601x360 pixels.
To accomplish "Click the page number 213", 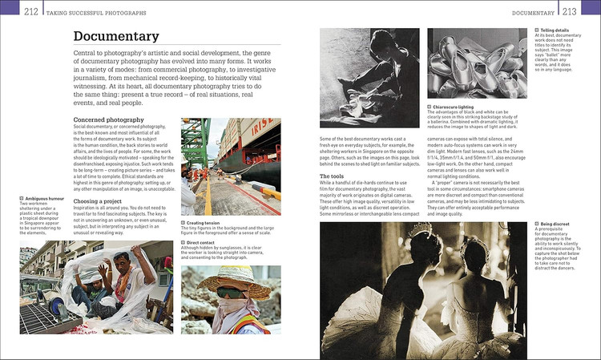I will (x=569, y=11).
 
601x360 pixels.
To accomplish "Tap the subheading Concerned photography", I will (x=108, y=119).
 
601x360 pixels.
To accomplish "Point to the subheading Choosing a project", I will (x=97, y=200).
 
